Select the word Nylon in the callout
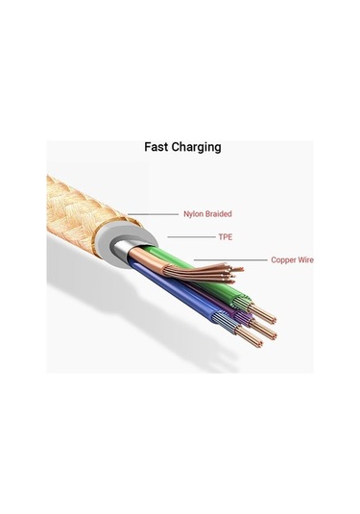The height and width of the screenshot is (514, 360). pos(194,214)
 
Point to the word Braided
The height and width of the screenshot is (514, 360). pos(219,214)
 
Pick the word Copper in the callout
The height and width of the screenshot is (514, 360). pos(283,259)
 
